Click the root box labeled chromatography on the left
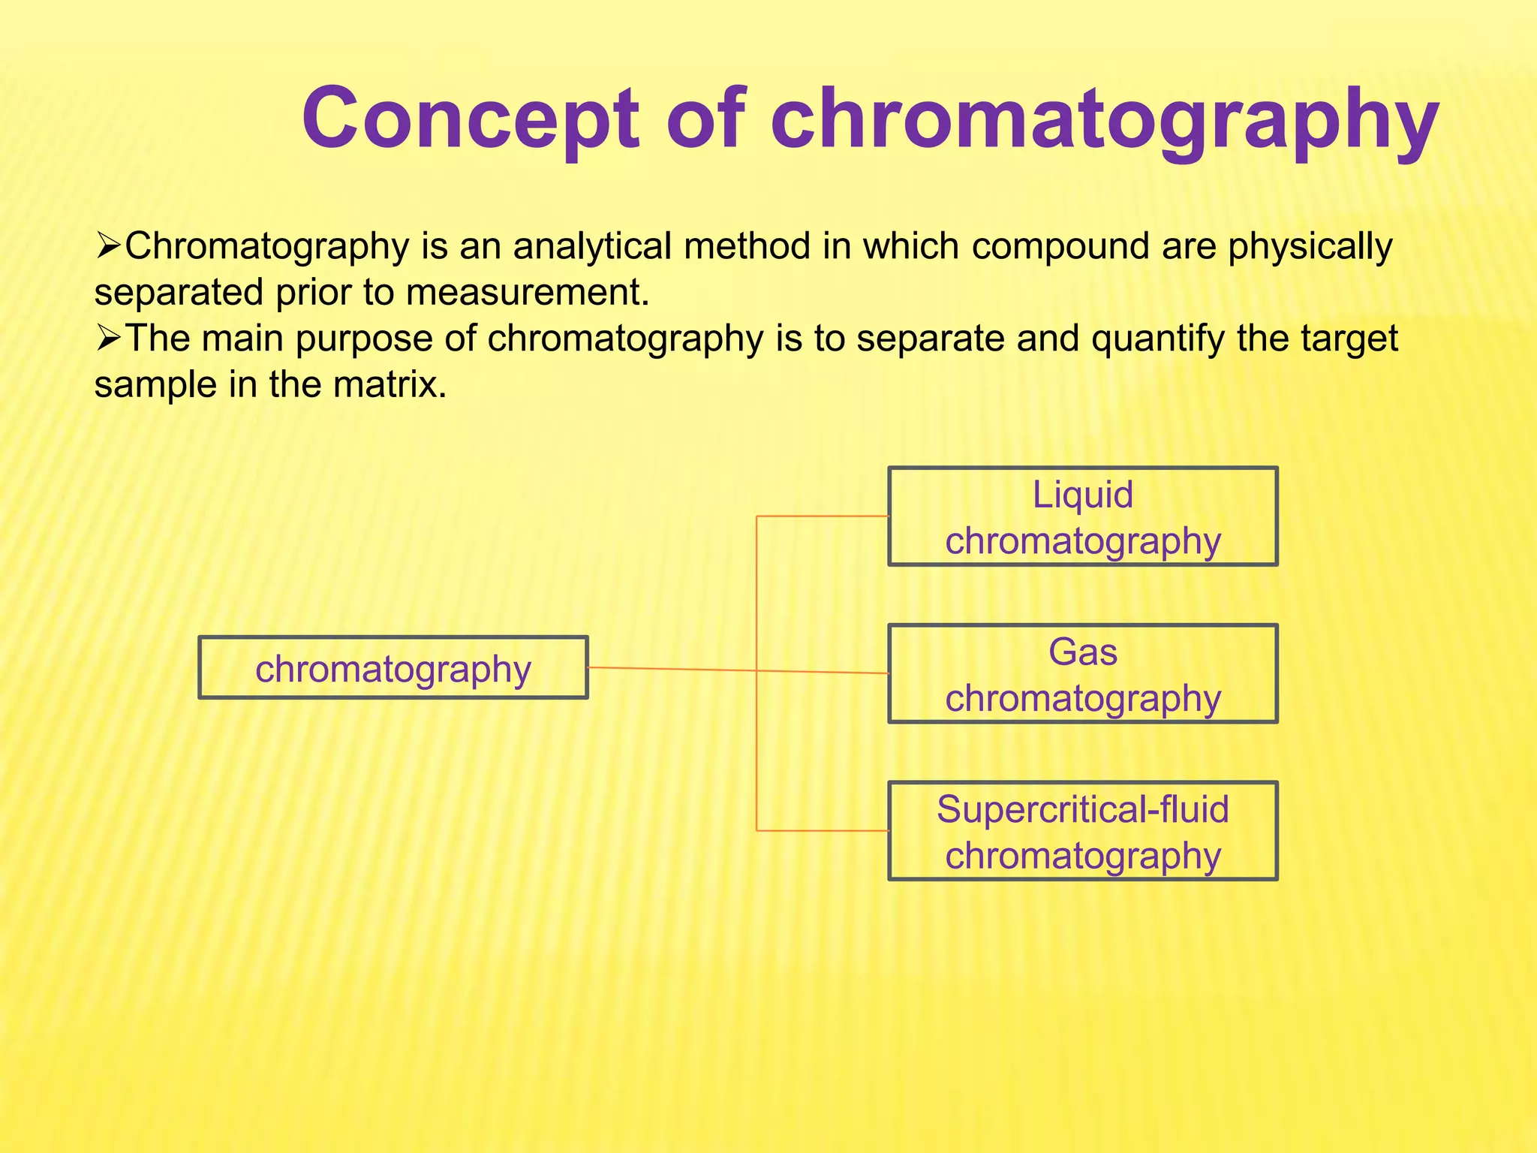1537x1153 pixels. click(x=393, y=667)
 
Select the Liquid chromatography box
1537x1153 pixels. click(x=1082, y=516)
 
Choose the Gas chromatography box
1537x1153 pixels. click(x=1082, y=673)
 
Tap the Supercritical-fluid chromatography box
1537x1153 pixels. click(x=1082, y=831)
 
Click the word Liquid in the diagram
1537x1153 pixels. click(x=1082, y=495)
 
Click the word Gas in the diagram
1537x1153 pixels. click(x=1082, y=652)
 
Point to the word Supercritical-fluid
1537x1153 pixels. click(x=1082, y=809)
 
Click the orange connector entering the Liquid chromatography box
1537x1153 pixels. click(x=826, y=516)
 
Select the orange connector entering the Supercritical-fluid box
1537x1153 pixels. click(x=826, y=830)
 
